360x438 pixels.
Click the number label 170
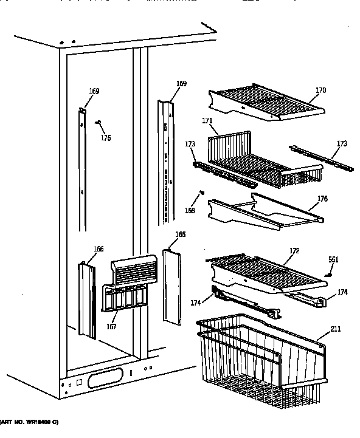coord(320,91)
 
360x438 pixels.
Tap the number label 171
coord(207,121)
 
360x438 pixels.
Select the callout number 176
coord(322,197)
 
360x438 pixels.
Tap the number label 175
coord(106,138)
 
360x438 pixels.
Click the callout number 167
coord(111,327)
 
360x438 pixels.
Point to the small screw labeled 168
coord(201,194)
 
